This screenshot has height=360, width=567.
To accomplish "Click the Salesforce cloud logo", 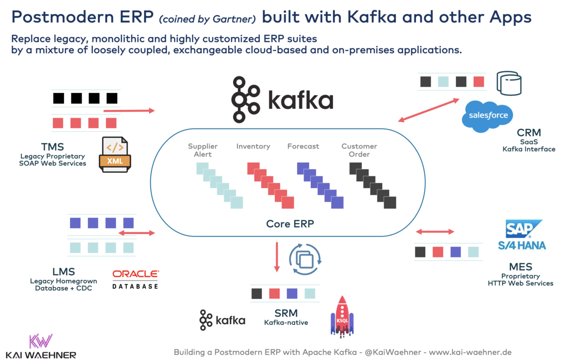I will pos(487,116).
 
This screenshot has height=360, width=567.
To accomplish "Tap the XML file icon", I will pos(115,154).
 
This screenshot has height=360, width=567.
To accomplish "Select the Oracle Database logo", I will pos(135,279).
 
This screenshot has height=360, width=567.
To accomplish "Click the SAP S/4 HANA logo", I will pos(522,235).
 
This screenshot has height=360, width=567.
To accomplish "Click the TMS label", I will pos(53,147).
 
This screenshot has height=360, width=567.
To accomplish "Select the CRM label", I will pos(529,133).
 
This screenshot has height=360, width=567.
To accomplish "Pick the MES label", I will pos(520,267).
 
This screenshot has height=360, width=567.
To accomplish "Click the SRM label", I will pos(286,313).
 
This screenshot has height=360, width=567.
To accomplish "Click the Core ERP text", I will pos(290,224).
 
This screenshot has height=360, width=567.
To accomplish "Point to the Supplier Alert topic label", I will pos(203,150).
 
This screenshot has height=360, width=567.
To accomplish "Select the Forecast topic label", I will pos(303,146).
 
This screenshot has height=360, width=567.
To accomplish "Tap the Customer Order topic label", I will pos(359,150).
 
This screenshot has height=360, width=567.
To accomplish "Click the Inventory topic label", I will pos(253,146).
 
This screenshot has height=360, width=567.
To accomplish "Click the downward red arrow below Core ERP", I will pos(277,256).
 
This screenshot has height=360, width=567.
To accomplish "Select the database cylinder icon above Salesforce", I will pos(509,83).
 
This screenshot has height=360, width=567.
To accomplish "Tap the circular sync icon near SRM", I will pos(305,259).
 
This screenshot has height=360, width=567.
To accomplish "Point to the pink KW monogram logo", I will pos(41,341).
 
